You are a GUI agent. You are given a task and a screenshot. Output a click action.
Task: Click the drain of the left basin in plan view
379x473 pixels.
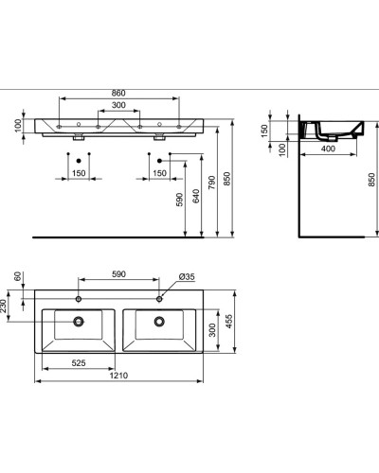[77, 322]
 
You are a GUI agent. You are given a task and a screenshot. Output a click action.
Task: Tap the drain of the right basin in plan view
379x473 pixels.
[159, 322]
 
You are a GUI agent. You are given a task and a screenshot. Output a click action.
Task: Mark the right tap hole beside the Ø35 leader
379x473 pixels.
[159, 298]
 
